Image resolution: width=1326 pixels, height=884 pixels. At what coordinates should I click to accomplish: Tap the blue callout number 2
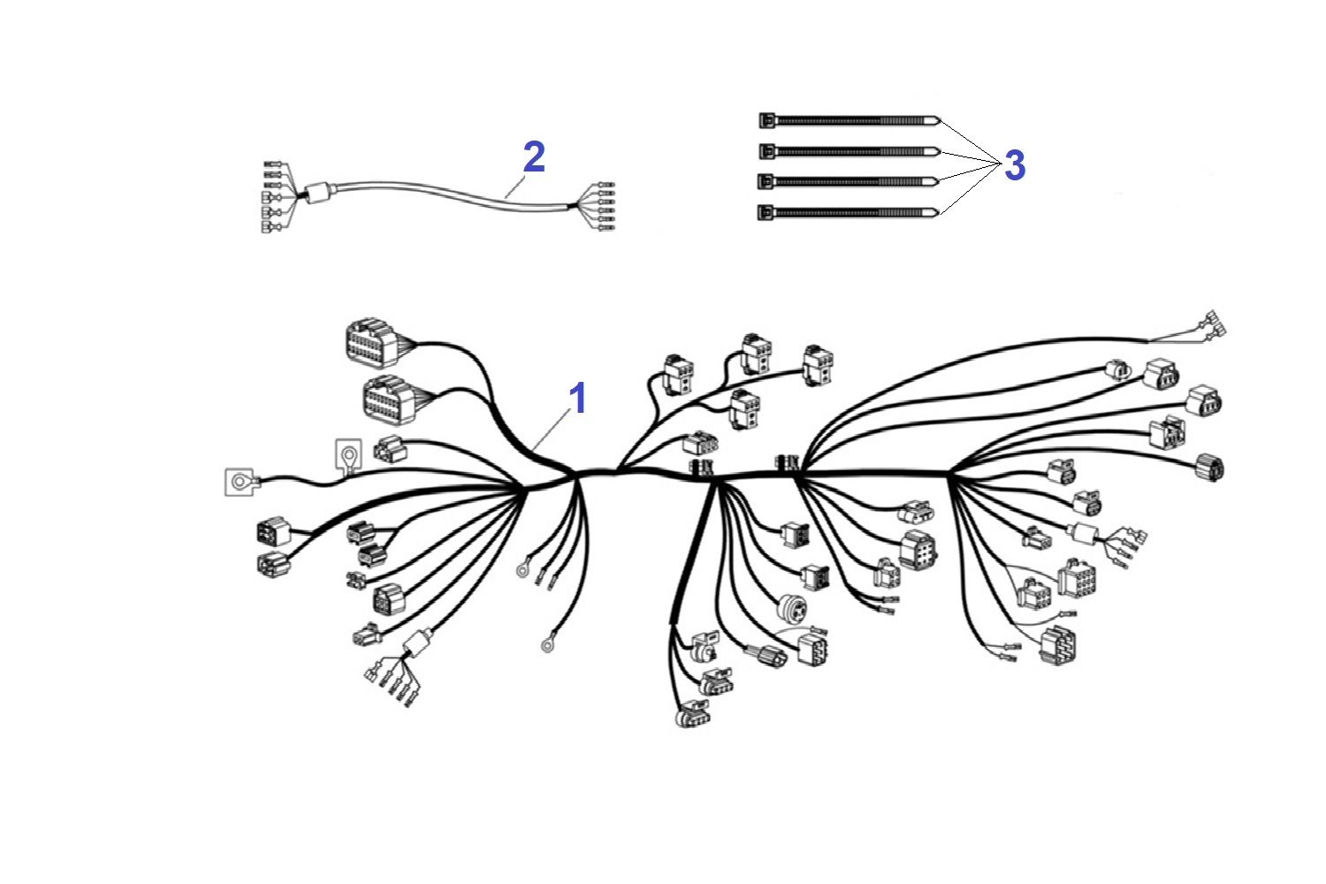coord(534,156)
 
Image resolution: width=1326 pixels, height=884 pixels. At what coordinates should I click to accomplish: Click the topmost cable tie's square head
coord(767,121)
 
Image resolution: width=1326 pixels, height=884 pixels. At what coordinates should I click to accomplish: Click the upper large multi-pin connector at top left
coord(372,343)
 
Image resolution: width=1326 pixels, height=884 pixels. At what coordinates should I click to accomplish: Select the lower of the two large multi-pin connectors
coord(390,400)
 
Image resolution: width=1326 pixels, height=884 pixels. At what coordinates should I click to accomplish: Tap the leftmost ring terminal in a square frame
coord(240,482)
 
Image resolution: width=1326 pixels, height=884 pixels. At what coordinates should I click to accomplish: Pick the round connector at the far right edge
coord(1209,468)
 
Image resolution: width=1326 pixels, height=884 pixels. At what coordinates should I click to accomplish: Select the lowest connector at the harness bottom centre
coord(692,713)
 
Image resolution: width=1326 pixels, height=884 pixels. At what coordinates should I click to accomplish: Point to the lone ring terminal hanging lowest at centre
coord(547,644)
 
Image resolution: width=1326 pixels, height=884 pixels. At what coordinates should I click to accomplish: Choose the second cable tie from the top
coord(850,151)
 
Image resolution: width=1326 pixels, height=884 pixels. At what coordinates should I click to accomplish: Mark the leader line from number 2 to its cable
coord(515,186)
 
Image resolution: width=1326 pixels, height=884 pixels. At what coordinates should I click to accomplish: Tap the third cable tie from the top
coord(849,181)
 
